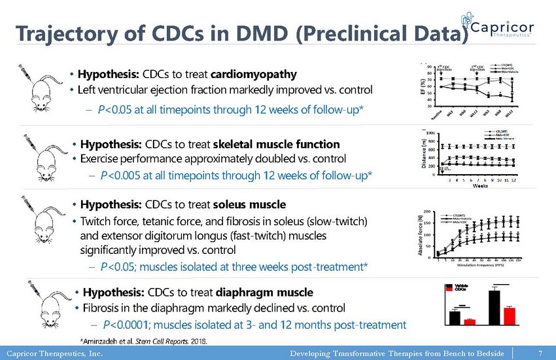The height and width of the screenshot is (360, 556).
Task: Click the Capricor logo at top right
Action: (501, 30)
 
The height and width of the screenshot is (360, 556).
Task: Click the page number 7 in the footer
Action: (540, 353)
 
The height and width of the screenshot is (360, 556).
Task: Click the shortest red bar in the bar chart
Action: (470, 321)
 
